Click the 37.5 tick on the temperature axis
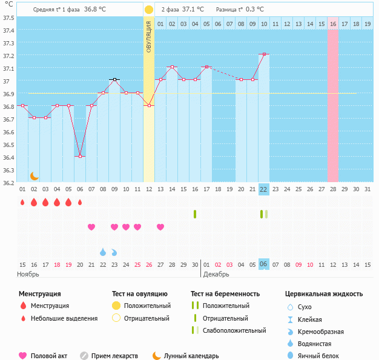tap(8, 18)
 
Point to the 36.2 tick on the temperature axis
tap(8, 183)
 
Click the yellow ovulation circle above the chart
tap(149, 10)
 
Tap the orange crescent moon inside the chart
tap(35, 176)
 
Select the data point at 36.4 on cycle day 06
tap(80, 157)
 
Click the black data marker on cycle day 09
tap(114, 80)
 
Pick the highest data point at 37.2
tap(263, 54)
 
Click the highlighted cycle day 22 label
tap(263, 189)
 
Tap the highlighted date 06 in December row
tap(263, 264)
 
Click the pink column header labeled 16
tap(333, 24)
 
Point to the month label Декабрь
tap(216, 274)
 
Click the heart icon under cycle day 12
tap(160, 227)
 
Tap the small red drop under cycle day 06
tap(80, 202)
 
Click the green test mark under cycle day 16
tap(195, 214)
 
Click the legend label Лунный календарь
tap(193, 356)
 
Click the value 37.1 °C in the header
tap(193, 10)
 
